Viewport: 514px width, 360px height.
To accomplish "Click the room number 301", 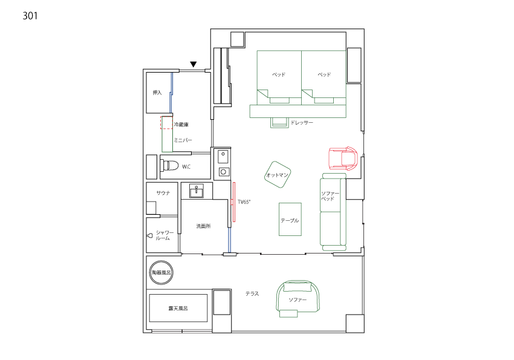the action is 30,16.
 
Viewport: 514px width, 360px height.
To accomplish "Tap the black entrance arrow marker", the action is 194,64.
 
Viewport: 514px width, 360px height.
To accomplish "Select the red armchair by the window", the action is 343,159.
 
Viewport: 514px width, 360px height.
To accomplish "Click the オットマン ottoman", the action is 278,175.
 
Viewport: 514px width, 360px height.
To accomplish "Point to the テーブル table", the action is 290,220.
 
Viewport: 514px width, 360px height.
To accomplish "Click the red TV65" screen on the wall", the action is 234,202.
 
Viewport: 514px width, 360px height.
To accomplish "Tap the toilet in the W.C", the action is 169,166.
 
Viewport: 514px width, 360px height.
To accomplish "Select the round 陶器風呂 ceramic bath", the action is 161,272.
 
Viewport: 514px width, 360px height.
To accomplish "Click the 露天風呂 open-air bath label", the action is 178,308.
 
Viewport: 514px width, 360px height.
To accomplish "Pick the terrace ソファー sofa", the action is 298,298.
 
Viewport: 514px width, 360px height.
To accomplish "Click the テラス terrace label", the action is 252,294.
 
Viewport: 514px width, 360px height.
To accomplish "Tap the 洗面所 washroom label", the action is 203,226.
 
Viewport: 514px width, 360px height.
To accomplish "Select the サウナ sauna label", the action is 163,193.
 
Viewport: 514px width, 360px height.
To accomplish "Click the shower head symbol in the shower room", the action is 150,235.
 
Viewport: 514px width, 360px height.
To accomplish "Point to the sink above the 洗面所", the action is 197,191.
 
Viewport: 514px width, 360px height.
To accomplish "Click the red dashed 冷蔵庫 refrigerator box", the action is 166,123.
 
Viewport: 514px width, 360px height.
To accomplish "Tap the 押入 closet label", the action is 157,93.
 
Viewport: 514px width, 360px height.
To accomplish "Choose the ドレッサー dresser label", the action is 302,123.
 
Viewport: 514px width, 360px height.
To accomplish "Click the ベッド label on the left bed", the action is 279,74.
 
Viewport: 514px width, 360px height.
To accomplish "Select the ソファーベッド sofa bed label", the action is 330,196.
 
